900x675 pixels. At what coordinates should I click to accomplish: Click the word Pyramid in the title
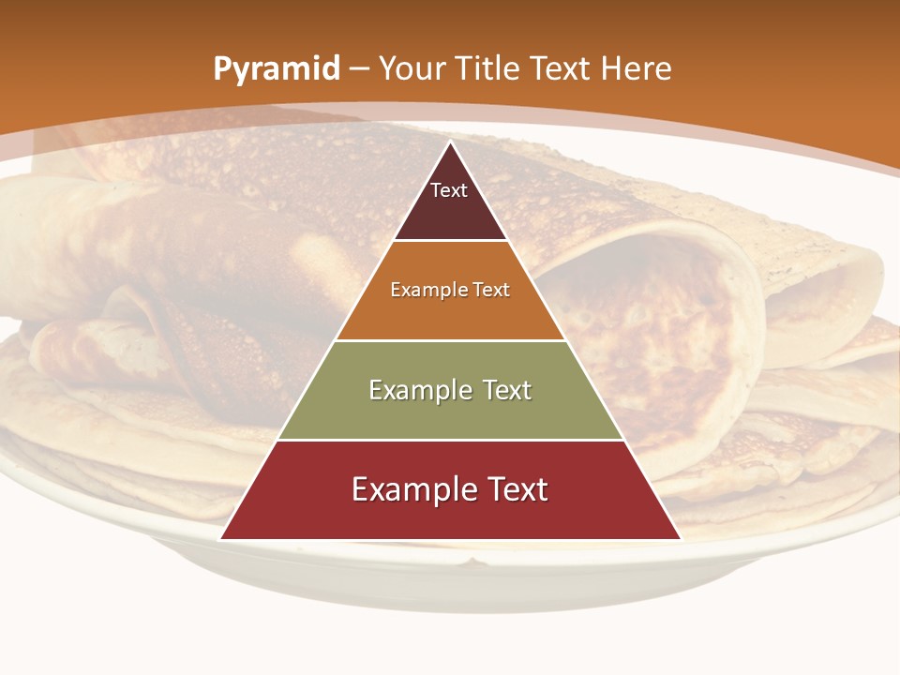(276, 69)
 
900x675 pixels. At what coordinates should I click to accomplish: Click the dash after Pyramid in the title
(358, 69)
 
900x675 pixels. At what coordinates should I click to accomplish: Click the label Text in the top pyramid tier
(449, 190)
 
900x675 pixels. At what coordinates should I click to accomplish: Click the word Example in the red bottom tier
(412, 489)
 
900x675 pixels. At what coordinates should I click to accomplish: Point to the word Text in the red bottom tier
(514, 489)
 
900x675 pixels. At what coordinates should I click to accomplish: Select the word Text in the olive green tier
(506, 390)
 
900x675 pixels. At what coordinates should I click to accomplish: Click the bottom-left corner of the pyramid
(221, 539)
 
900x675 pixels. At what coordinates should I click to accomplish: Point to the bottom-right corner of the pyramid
(680, 539)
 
